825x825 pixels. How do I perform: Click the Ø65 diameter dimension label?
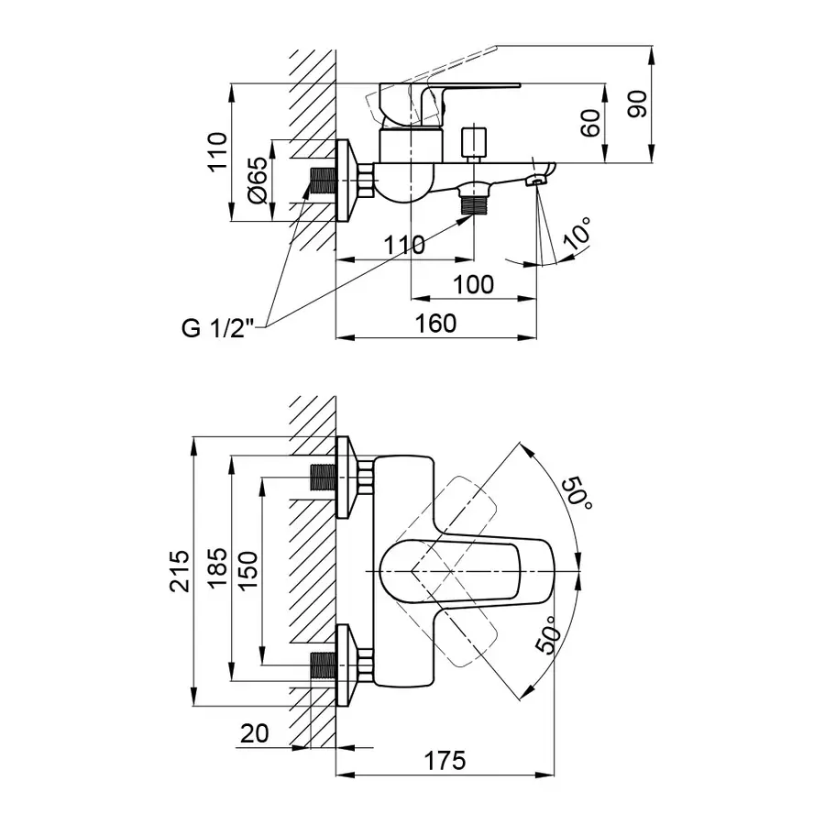[258, 181]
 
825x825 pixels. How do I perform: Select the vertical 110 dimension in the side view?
[216, 152]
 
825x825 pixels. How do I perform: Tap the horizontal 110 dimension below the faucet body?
[404, 245]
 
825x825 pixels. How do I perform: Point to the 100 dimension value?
[473, 284]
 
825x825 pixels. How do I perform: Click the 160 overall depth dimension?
[435, 324]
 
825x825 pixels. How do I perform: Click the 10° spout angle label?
[577, 234]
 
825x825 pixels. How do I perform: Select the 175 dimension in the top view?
[445, 760]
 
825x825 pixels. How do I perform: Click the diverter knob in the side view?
[473, 143]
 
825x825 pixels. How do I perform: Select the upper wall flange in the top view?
[346, 478]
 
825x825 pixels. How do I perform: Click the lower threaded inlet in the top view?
[323, 665]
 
